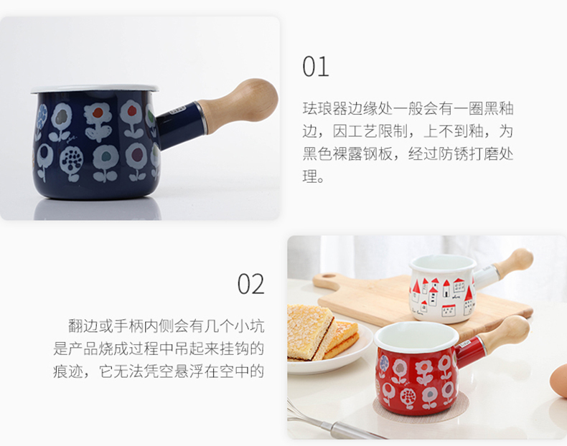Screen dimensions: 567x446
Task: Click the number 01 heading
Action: pyautogui.click(x=316, y=67)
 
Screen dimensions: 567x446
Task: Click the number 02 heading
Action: pyautogui.click(x=250, y=284)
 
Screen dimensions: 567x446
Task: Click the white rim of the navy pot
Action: pyautogui.click(x=95, y=89)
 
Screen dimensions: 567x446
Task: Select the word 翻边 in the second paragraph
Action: pyautogui.click(x=83, y=326)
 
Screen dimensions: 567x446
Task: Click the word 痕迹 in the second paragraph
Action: pyautogui.click(x=68, y=371)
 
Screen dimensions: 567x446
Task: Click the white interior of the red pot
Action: pyautogui.click(x=416, y=336)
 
